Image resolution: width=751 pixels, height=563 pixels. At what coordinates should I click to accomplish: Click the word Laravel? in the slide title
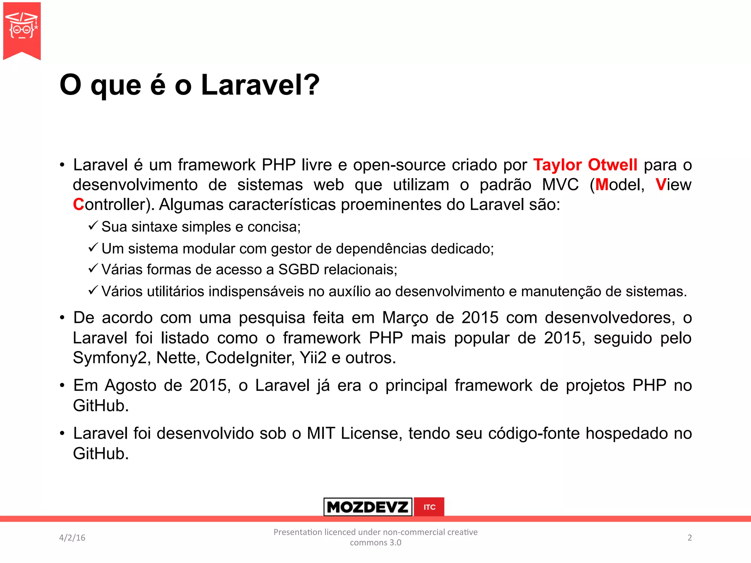coord(260,85)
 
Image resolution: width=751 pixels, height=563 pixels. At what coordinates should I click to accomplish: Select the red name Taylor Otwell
coord(585,165)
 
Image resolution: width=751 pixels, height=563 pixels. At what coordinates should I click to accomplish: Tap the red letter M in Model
coord(602,185)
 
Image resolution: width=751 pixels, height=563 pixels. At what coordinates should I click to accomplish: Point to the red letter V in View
coord(660,185)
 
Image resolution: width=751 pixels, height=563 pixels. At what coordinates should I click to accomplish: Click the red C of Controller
coord(78,205)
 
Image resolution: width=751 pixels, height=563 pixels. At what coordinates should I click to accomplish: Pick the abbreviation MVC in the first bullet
coord(560,185)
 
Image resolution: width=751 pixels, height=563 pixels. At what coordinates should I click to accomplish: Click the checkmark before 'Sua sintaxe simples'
coord(93,225)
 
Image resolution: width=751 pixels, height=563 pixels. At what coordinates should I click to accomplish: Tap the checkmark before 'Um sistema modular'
coord(93,247)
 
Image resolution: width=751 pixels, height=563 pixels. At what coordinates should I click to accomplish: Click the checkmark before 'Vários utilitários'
coord(93,290)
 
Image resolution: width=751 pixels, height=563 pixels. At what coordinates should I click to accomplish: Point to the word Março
coord(405,318)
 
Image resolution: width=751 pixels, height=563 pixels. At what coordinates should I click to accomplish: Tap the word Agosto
coord(131,386)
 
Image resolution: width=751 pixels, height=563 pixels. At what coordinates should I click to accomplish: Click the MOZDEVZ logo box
coord(368,507)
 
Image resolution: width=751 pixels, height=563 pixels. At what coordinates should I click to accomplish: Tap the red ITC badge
coord(429,507)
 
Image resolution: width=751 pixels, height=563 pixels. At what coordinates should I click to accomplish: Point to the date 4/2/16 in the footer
coord(72,538)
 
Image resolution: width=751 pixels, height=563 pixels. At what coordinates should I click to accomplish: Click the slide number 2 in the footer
coord(689,538)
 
